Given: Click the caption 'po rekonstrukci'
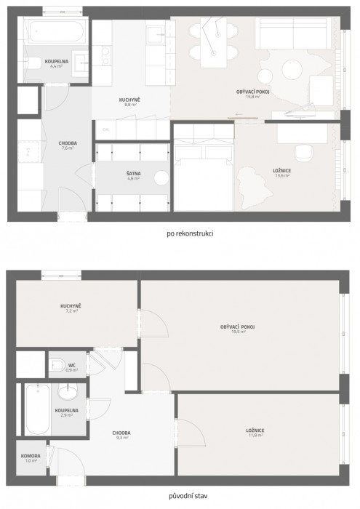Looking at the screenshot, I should tap(179, 234).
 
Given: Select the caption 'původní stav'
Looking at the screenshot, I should tap(179, 496).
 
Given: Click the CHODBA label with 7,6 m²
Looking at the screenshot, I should tap(68, 145).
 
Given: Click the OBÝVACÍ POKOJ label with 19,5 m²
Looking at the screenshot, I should tap(237, 329).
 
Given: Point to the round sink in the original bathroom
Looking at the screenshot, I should tap(68, 393).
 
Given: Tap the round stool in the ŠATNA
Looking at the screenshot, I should tap(160, 179).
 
